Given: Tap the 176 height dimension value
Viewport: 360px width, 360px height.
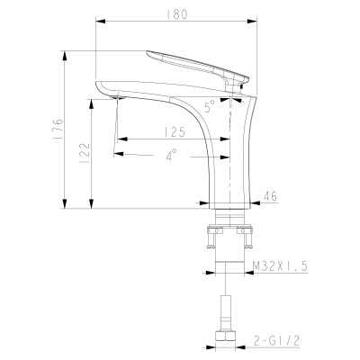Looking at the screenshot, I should click(58, 129).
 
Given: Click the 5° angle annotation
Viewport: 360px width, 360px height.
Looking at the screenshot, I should click(210, 105).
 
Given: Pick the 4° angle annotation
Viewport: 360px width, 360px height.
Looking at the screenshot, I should click(171, 154).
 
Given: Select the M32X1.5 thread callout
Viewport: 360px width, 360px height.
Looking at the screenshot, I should click(281, 266).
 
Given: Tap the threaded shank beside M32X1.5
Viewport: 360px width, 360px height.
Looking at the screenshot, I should click(229, 266).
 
